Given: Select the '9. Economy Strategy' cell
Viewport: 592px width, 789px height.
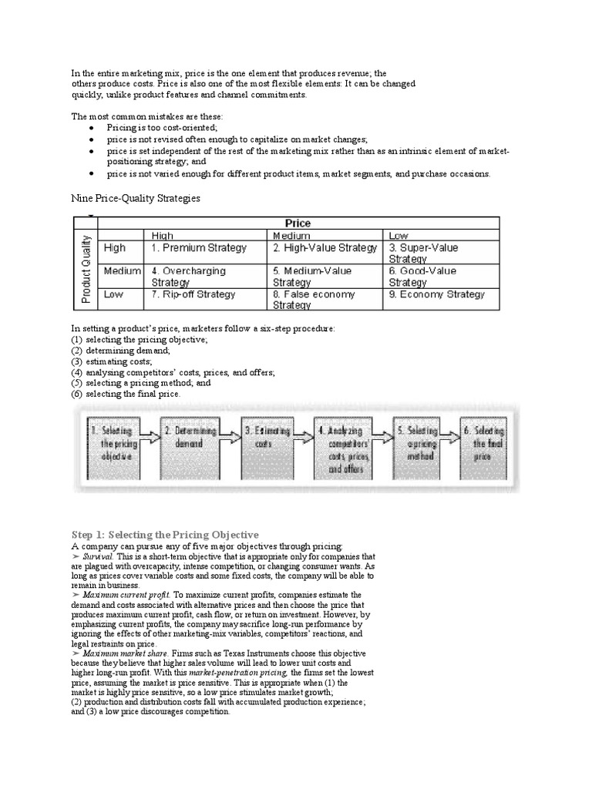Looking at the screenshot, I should (436, 294).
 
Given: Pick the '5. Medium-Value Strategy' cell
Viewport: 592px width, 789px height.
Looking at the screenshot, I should (312, 277).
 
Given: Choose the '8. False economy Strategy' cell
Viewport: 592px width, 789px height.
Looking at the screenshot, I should (314, 300).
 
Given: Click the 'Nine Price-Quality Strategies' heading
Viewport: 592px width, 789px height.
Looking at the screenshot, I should (136, 199).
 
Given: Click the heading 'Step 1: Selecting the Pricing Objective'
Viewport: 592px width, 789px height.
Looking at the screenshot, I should (165, 535).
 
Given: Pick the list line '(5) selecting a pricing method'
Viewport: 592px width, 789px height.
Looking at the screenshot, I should (141, 383).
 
